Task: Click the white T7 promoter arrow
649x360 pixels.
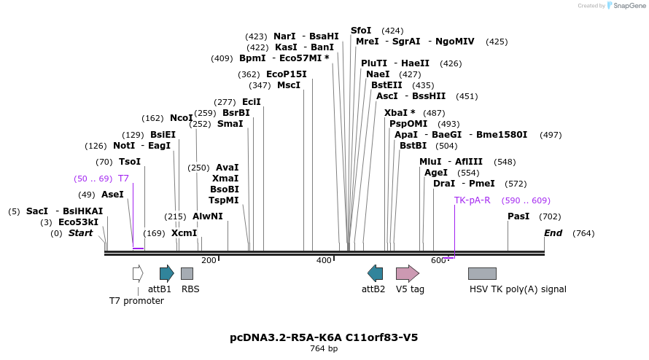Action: click(138, 273)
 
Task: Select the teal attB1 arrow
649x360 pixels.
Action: click(166, 273)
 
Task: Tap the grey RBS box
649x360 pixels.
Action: click(187, 273)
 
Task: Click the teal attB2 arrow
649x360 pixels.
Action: click(375, 273)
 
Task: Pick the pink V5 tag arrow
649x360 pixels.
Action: click(407, 273)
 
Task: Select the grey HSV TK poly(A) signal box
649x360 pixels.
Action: click(482, 273)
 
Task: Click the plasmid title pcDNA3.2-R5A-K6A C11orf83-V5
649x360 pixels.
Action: click(324, 337)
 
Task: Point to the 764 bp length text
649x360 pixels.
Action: click(324, 349)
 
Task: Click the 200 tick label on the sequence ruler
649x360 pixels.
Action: click(209, 261)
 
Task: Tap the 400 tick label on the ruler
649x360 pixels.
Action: click(324, 261)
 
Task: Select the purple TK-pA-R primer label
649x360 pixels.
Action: click(472, 200)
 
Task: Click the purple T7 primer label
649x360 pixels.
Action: click(123, 179)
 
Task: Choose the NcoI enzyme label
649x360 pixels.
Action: click(181, 118)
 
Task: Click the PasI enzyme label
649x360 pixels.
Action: click(518, 216)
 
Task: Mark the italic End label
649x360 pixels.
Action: click(553, 233)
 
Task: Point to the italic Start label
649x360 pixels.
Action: click(80, 233)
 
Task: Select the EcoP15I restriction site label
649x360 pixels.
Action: click(286, 74)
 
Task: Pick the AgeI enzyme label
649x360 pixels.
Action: click(436, 173)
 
